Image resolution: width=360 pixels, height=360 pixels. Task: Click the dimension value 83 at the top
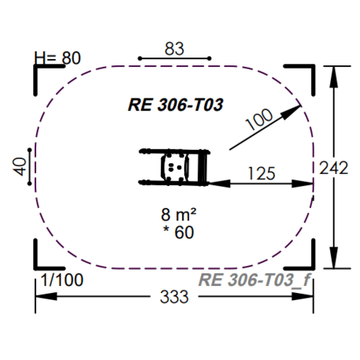175,48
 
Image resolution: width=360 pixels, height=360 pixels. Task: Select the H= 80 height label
59,58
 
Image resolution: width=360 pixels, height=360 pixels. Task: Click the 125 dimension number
259,173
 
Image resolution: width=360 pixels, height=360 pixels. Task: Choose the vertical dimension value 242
335,168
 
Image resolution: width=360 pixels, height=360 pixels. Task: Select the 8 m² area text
178,215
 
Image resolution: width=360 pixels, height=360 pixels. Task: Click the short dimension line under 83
175,58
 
